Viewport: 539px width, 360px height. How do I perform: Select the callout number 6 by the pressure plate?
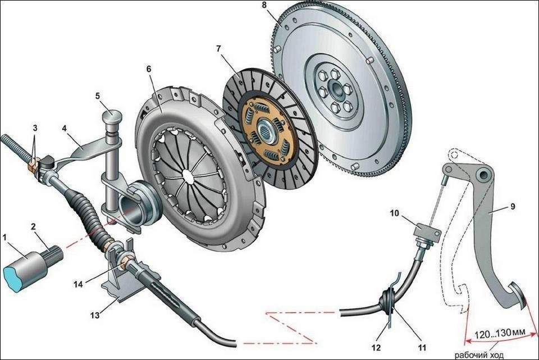tap(149, 69)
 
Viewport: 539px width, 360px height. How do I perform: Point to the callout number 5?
tap(97, 96)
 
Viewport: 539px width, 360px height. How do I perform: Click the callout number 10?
tap(394, 213)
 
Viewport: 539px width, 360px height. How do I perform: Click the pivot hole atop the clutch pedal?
tap(482, 176)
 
